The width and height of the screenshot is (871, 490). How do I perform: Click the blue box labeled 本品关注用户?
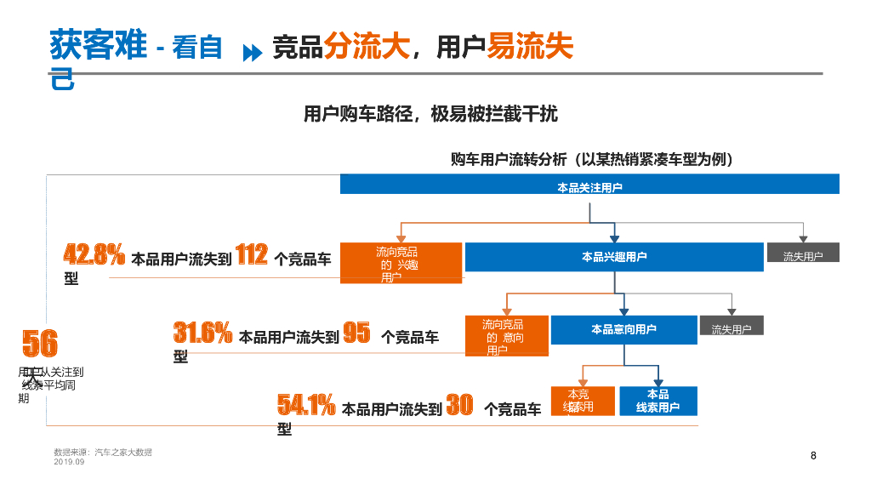pos(589,185)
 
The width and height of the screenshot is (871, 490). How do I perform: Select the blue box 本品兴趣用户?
pos(613,257)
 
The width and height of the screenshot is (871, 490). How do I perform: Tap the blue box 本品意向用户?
pos(623,329)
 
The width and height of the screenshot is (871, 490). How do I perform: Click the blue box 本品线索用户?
pos(658,401)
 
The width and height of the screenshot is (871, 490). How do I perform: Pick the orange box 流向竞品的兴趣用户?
pos(401,263)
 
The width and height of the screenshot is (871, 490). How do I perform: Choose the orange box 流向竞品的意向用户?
pos(506,336)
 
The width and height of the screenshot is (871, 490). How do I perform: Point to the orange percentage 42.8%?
pos(94,254)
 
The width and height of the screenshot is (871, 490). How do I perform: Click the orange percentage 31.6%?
pos(202,333)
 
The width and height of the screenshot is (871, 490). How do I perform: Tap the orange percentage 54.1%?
pos(306,406)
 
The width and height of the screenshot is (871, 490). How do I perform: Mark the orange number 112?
pos(252,254)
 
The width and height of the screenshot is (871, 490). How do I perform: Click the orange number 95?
pos(356,333)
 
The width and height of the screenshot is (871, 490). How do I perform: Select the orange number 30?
pos(459,406)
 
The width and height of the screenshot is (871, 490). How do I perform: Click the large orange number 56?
pos(40,344)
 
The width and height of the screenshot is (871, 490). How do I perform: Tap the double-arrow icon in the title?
pos(252,53)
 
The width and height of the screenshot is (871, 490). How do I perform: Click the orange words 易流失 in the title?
pos(530,46)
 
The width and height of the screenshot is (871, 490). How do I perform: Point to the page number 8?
pos(813,456)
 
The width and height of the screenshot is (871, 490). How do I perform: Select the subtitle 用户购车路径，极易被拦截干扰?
pos(430,114)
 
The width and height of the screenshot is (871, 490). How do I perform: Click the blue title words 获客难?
pos(99,44)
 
